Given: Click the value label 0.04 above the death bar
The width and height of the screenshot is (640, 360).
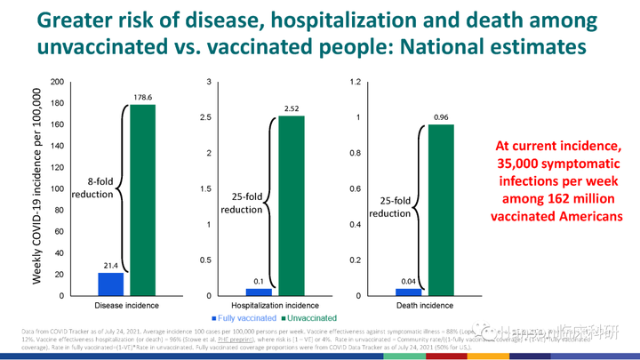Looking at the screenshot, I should tap(408, 281).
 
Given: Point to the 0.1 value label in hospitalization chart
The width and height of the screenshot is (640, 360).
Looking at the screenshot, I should tap(259, 281).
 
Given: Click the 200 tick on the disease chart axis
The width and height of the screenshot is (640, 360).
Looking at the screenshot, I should tap(58, 83).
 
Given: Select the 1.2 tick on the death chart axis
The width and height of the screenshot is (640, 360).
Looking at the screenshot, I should tap(355, 83).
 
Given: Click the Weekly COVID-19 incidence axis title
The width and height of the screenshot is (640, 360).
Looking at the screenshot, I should tap(36, 187).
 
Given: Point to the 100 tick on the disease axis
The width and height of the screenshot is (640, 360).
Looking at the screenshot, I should tap(58, 189).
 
